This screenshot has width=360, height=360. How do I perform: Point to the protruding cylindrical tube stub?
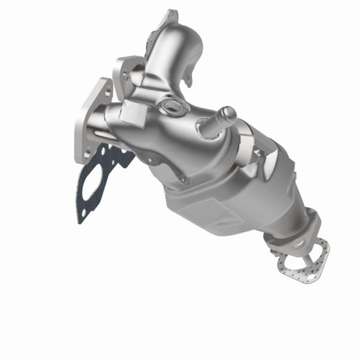[227, 114]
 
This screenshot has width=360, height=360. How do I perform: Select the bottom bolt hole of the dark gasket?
[81, 217]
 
